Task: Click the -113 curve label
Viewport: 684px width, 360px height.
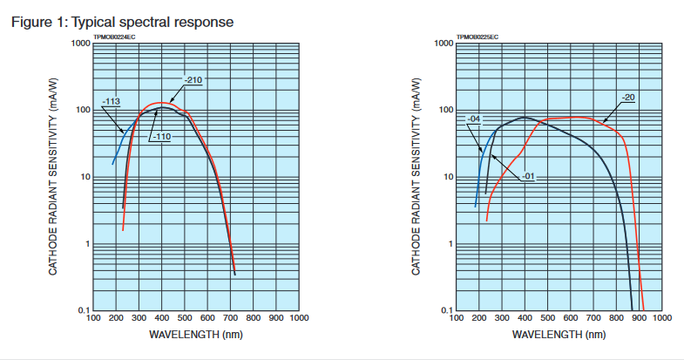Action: pos(111,102)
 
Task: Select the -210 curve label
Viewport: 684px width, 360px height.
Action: pos(193,80)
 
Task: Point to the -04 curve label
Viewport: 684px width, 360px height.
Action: pos(474,119)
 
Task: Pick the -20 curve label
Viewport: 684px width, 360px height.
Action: pos(627,97)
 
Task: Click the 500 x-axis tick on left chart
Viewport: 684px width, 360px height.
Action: pos(185,319)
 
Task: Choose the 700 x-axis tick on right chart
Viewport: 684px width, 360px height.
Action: pos(594,319)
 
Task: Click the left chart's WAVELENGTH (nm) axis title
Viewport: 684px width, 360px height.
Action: pos(196,334)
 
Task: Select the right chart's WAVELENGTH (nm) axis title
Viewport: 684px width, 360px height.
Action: pos(559,334)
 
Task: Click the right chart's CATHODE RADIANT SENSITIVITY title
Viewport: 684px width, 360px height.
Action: pos(416,177)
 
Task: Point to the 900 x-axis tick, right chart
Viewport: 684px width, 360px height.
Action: pos(640,319)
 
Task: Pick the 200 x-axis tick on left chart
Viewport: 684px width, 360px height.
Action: pos(116,319)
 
